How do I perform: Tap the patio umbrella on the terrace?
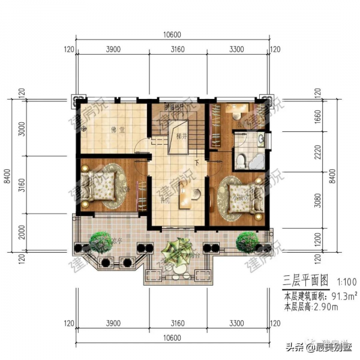click(x=178, y=251)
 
